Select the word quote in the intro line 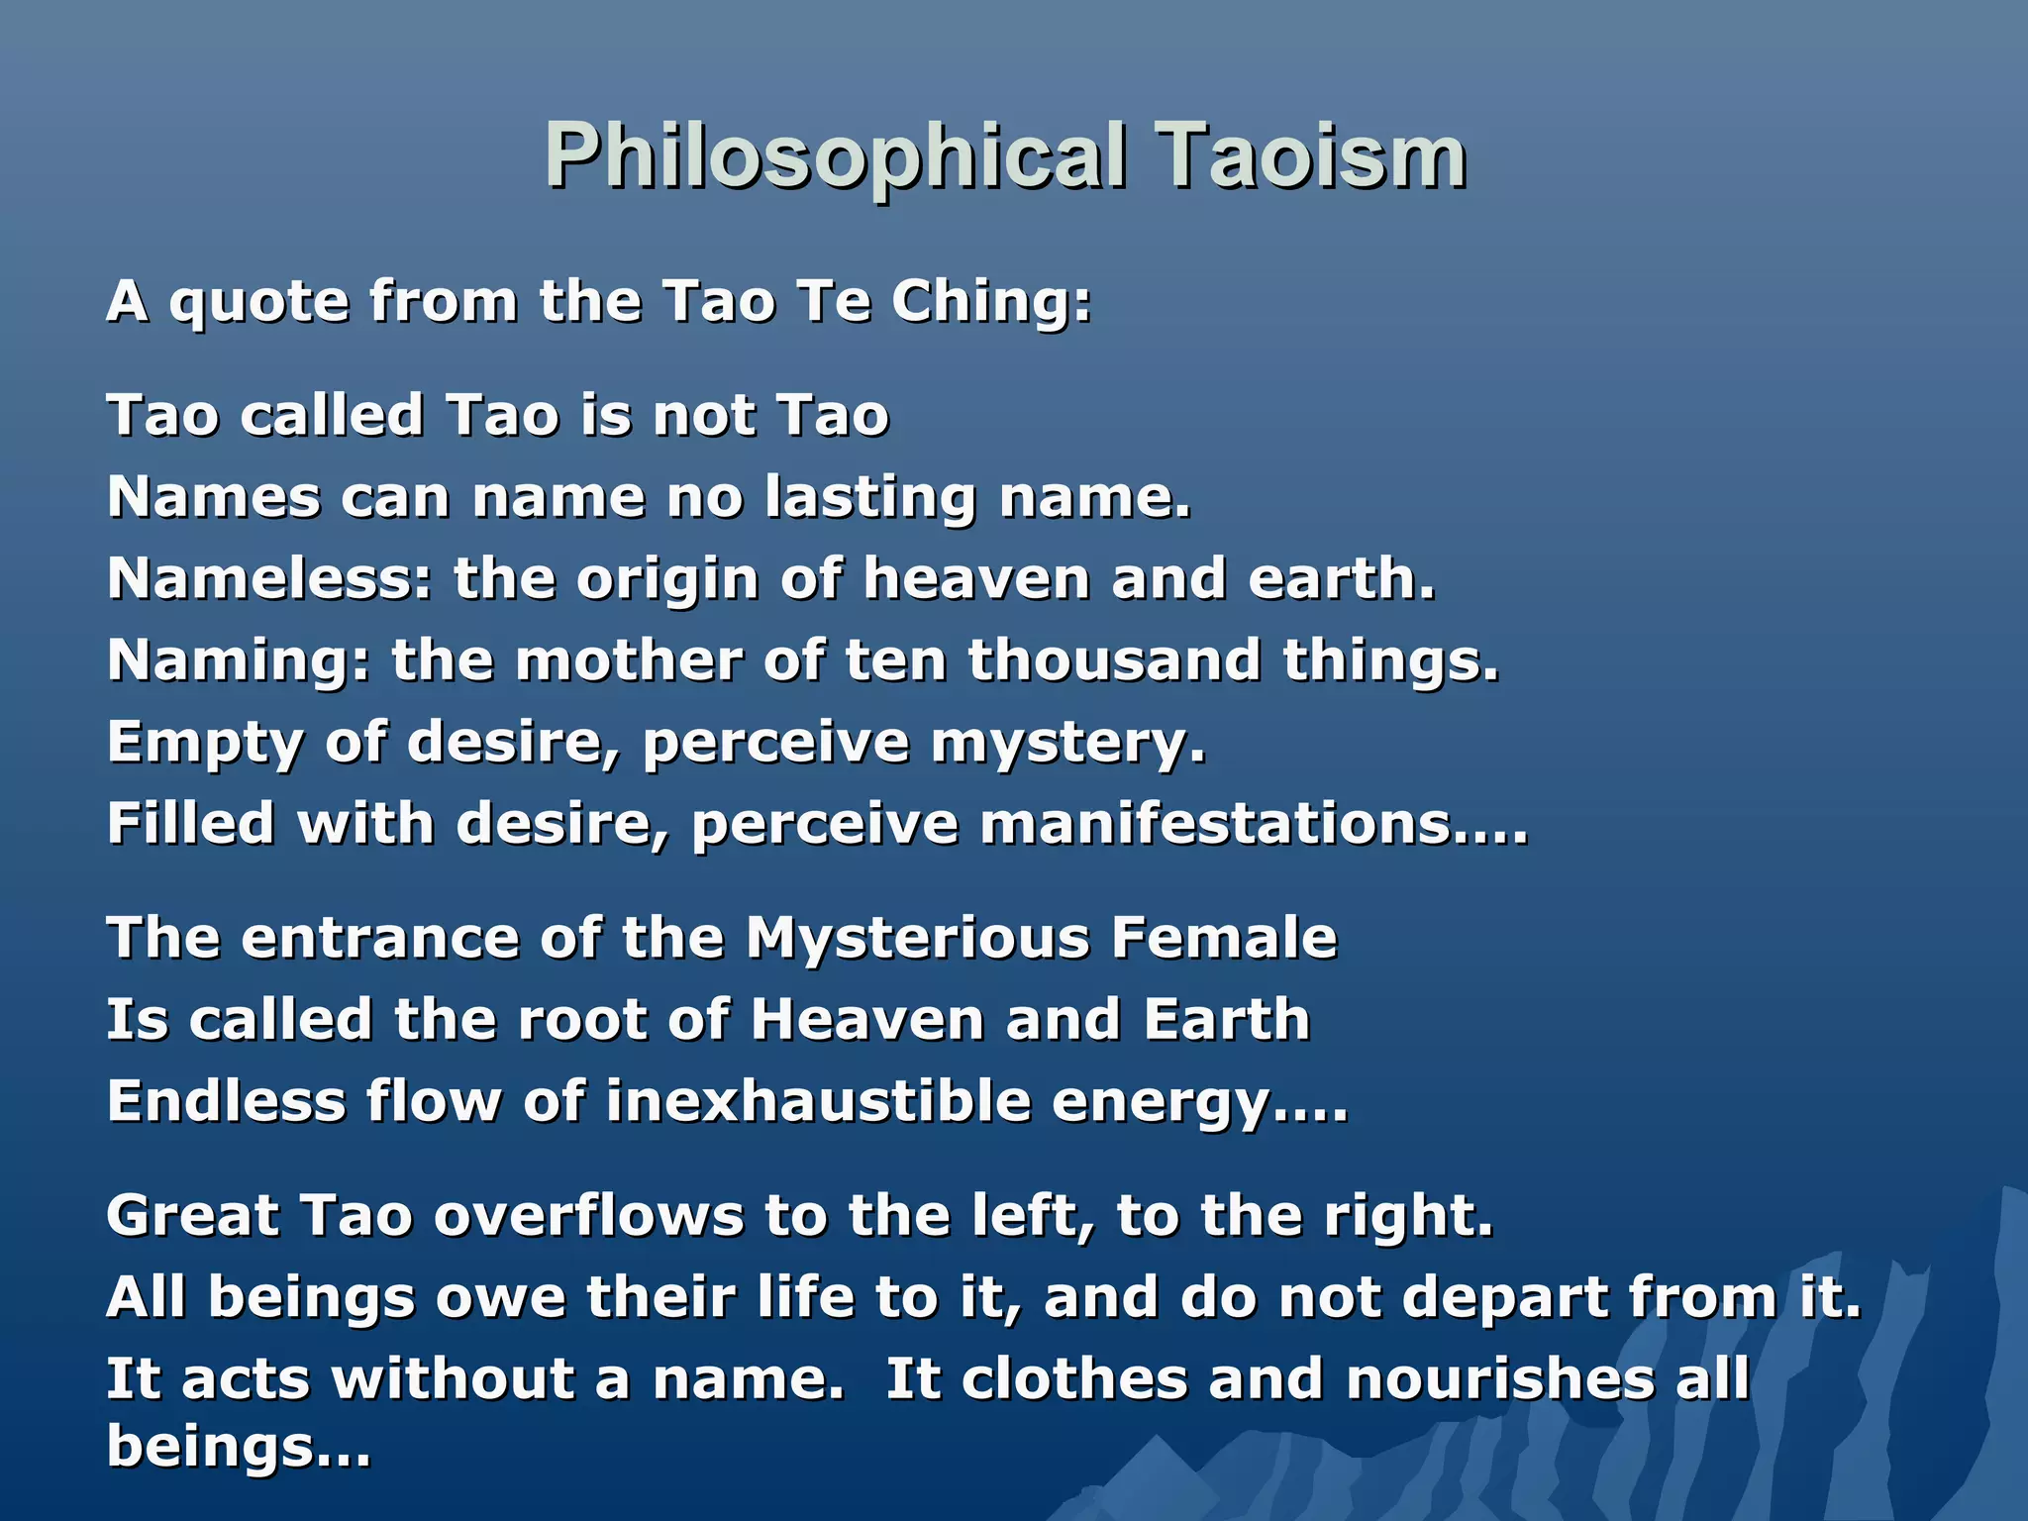pyautogui.click(x=258, y=303)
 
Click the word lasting pyautogui.click(x=870, y=497)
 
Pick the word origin pyautogui.click(x=667, y=580)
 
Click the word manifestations pyautogui.click(x=1253, y=824)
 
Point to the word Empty pyautogui.click(x=205, y=745)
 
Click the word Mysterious pyautogui.click(x=917, y=938)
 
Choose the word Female pyautogui.click(x=1224, y=938)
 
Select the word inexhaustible pyautogui.click(x=818, y=1101)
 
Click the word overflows pyautogui.click(x=588, y=1215)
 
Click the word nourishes pyautogui.click(x=1500, y=1379)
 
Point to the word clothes pyautogui.click(x=1073, y=1379)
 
